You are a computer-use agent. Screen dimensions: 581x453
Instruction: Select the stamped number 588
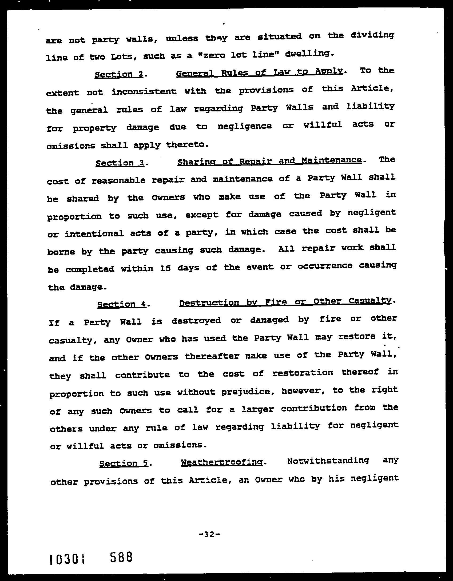pyautogui.click(x=121, y=556)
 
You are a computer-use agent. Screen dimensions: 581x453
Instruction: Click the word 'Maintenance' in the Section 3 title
pyautogui.click(x=332, y=160)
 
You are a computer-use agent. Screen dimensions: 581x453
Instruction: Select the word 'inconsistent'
pyautogui.click(x=144, y=92)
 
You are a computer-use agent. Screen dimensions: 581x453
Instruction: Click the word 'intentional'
pyautogui.click(x=94, y=234)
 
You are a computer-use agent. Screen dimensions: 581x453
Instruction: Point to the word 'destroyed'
pyautogui.click(x=196, y=320)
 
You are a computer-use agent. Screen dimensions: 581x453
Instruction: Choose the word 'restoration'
pyautogui.click(x=303, y=373)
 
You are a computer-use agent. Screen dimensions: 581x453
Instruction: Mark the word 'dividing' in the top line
pyautogui.click(x=372, y=35)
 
